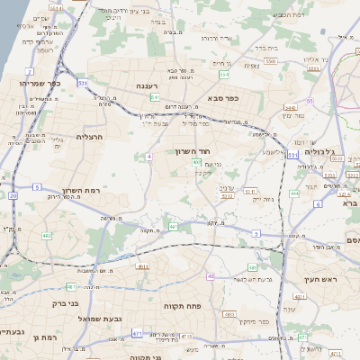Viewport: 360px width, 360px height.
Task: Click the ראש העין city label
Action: (321, 281)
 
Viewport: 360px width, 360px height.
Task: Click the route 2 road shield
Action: (30, 70)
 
